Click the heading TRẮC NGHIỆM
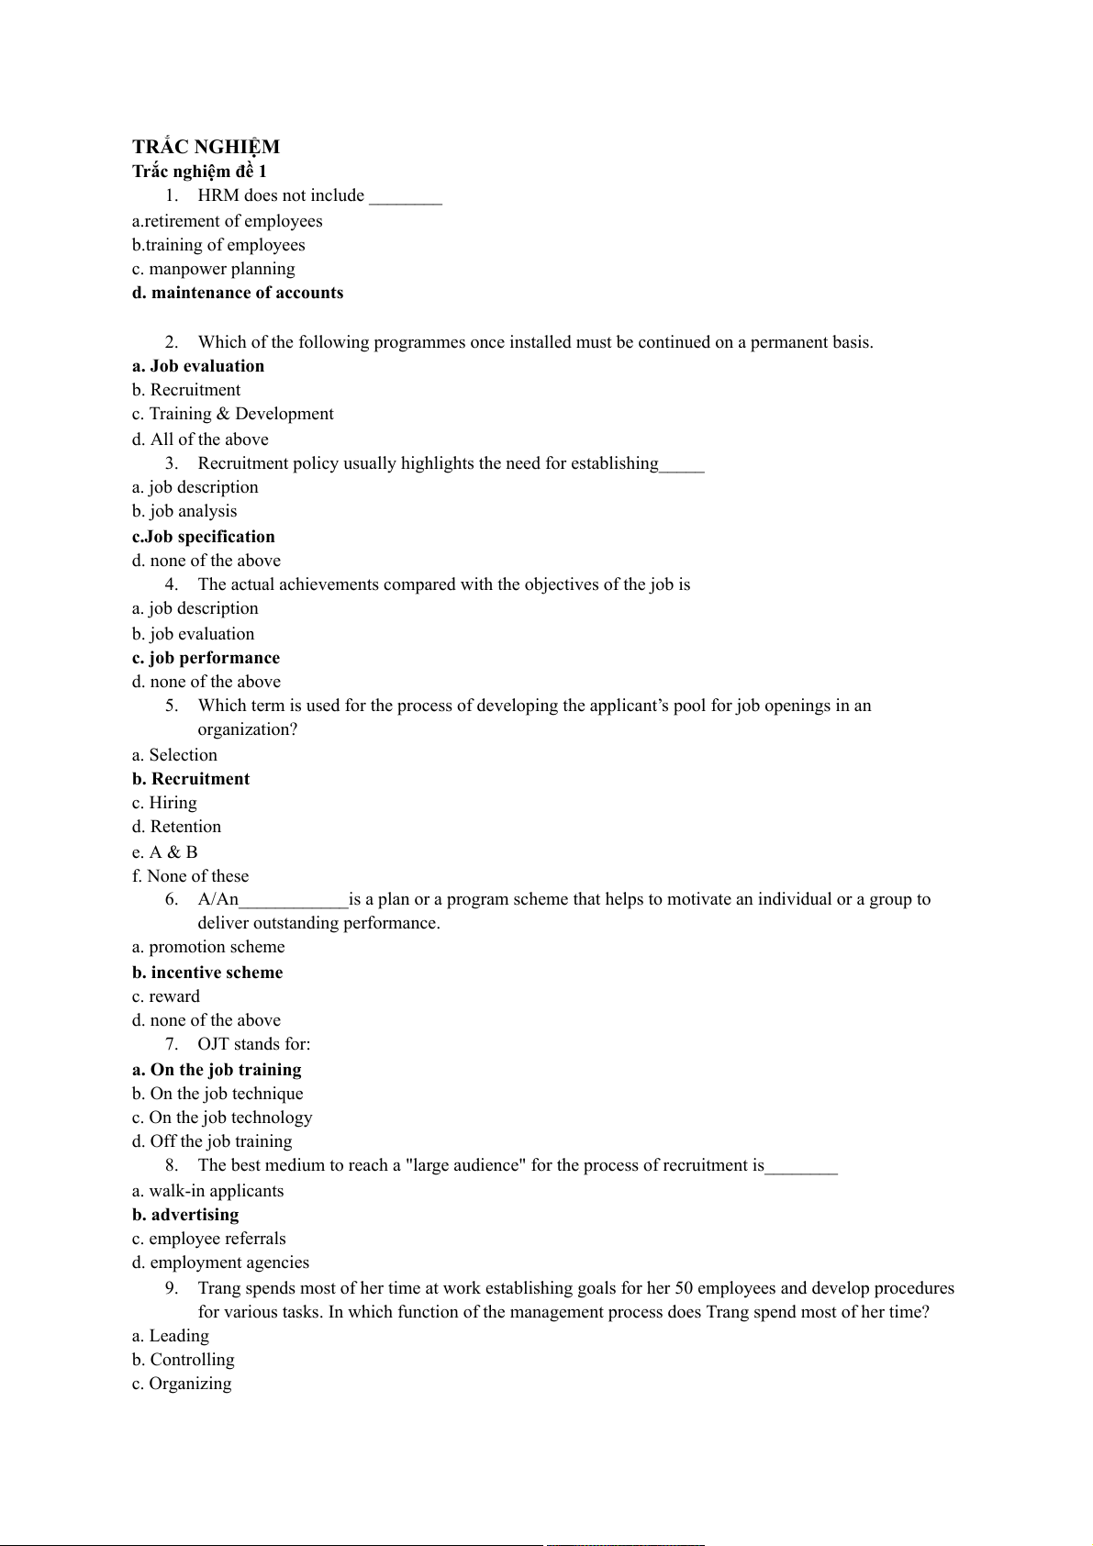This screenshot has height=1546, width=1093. pos(206,147)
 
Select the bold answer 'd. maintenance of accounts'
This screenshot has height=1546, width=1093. pos(238,293)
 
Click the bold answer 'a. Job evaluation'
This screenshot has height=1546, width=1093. pos(198,366)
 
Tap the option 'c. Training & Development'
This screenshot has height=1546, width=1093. pos(233,414)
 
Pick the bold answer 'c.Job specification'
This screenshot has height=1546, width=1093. pos(204,537)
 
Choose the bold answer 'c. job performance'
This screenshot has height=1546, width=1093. pos(206,658)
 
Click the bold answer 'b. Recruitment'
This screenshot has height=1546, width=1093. pos(191,779)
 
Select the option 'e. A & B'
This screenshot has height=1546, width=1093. pos(165,852)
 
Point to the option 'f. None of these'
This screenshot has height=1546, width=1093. pos(191,876)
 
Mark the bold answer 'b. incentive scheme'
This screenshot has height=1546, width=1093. pos(207,973)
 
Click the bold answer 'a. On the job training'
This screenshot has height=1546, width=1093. pos(217,1070)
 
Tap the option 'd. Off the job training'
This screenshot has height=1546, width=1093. pos(212,1141)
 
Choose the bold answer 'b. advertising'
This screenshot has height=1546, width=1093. pos(185,1215)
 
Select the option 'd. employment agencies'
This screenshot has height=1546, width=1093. pos(220,1262)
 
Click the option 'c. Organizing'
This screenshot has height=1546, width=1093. pos(182,1384)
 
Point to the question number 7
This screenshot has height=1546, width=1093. pos(172,1044)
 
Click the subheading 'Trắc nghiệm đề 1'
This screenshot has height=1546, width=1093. pos(199,172)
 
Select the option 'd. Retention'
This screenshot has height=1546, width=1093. pos(176,827)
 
